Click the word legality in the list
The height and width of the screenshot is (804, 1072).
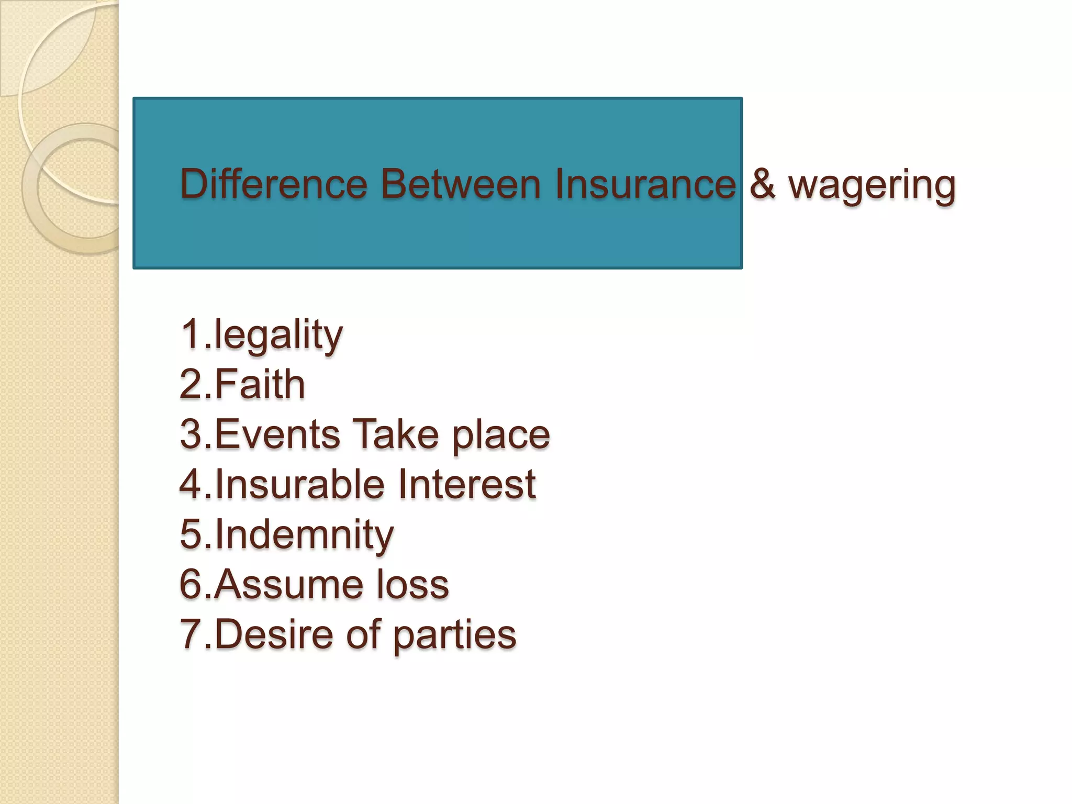[278, 336]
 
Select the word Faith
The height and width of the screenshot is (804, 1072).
[260, 384]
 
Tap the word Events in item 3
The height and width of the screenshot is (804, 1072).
[277, 434]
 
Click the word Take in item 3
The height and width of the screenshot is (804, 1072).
[395, 434]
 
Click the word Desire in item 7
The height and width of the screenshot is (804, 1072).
[274, 634]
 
